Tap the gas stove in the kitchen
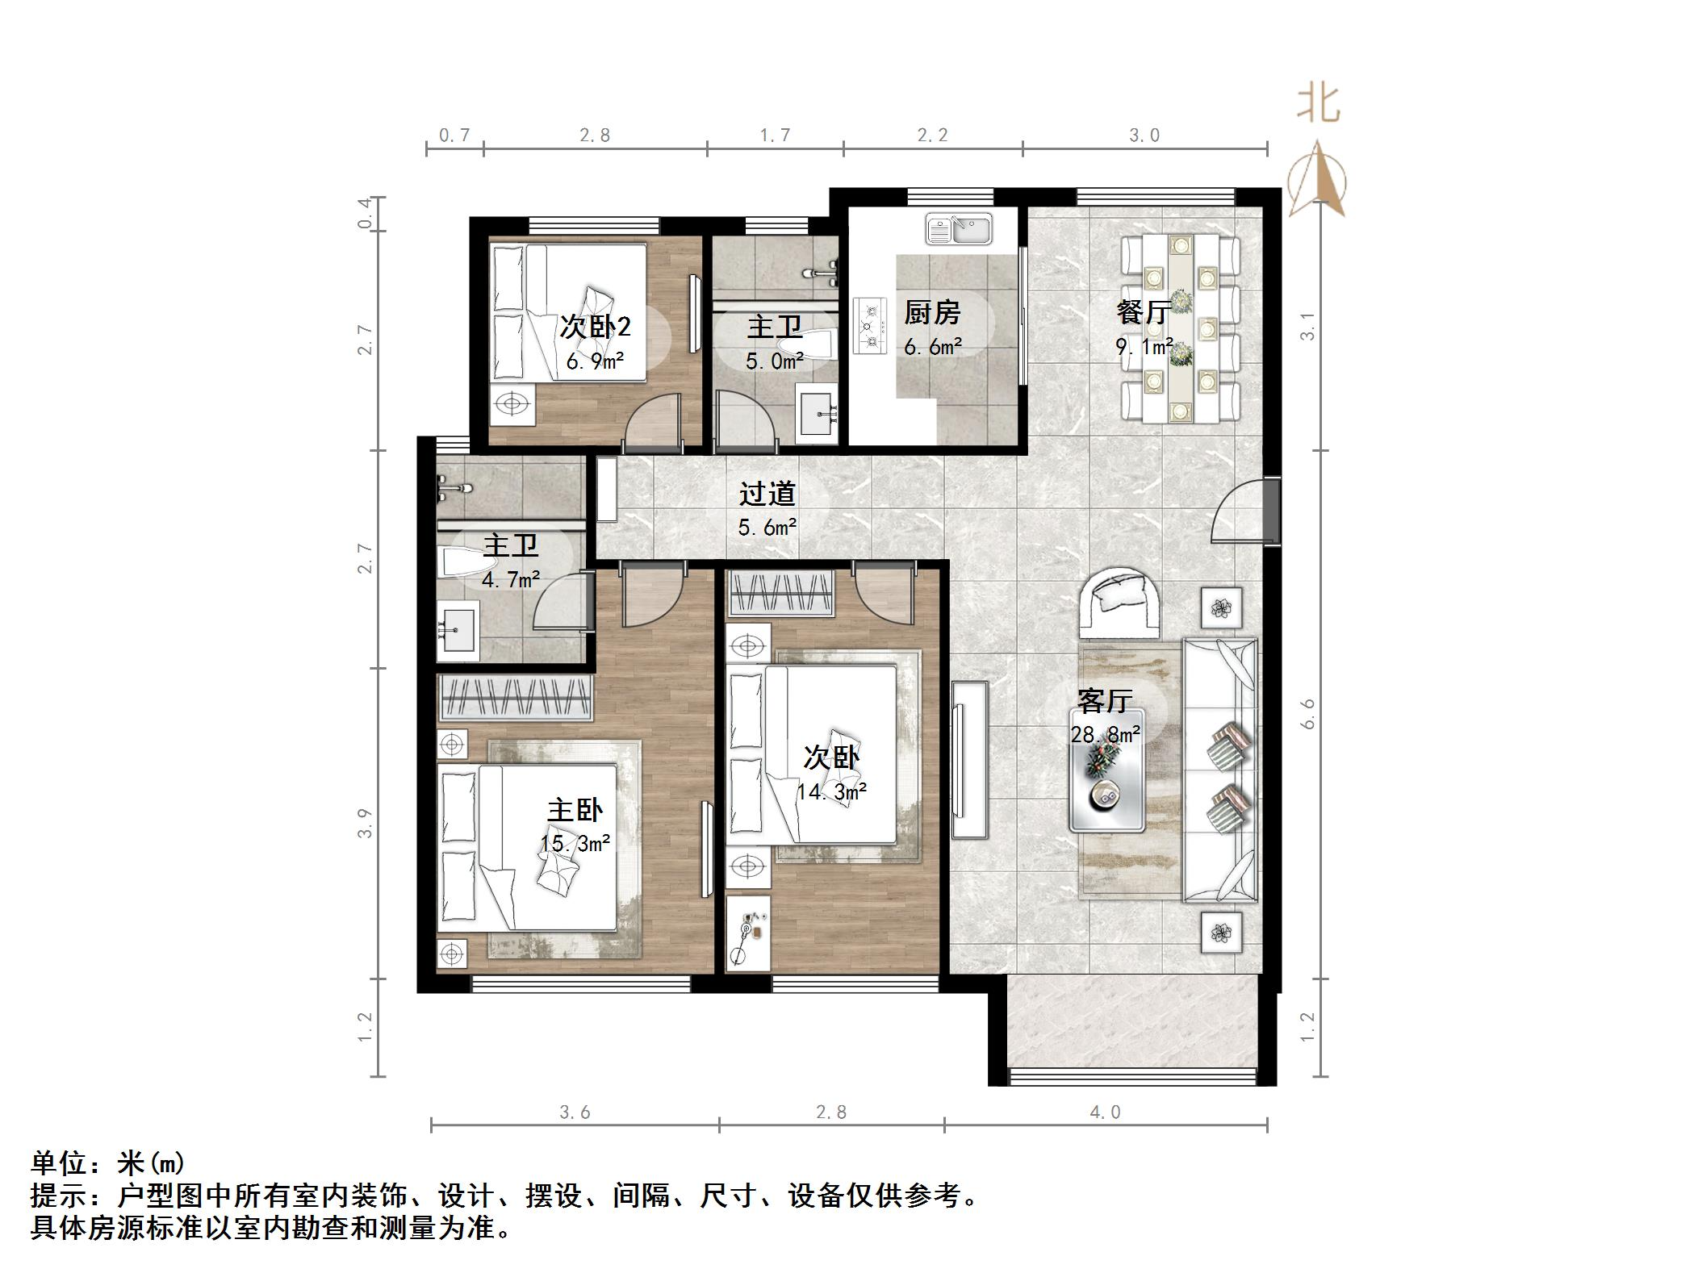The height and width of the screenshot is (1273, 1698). tap(870, 327)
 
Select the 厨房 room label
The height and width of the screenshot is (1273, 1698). tap(931, 312)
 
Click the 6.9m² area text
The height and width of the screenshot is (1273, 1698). tap(595, 361)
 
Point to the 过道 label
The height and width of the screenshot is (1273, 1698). tap(767, 494)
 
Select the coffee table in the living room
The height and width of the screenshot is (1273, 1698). tap(1106, 770)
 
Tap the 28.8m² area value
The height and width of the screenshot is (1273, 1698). tap(1105, 735)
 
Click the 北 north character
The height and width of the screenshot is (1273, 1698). tap(1318, 105)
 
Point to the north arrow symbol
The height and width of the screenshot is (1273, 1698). tap(1317, 181)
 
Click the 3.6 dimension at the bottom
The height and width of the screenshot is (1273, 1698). tap(575, 1113)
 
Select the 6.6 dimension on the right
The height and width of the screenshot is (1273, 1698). tap(1307, 714)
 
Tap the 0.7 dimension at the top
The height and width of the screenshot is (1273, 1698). tap(454, 136)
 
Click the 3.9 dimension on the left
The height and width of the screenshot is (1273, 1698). tap(365, 823)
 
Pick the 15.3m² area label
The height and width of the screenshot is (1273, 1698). tap(575, 844)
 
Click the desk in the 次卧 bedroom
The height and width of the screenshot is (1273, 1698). tap(747, 932)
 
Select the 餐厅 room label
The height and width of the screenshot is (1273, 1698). tap(1144, 312)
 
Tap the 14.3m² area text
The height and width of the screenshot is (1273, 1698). tap(831, 792)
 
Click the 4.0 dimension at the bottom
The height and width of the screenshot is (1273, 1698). tap(1105, 1113)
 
